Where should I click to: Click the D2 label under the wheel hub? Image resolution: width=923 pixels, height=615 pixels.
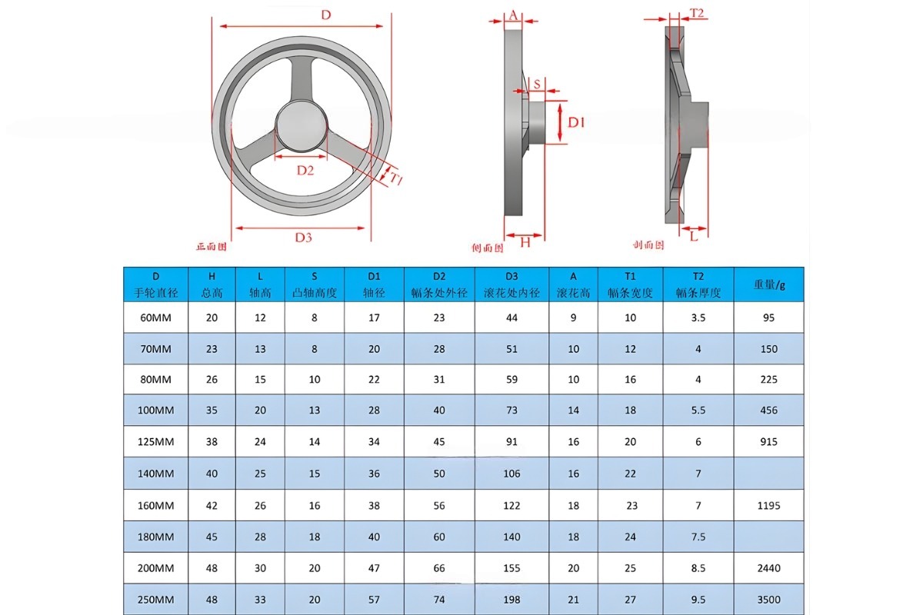305,170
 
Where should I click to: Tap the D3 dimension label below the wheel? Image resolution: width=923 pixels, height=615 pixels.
304,238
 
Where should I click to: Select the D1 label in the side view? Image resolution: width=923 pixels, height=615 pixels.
577,121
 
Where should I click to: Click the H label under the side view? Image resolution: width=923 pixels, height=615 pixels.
525,242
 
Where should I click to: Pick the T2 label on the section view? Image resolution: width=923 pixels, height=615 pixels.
697,13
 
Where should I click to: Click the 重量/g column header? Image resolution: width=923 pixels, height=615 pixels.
769,284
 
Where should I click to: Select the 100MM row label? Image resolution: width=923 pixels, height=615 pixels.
155,411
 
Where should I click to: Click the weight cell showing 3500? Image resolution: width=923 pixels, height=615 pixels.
769,600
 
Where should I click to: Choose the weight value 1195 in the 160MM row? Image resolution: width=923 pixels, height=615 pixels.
769,506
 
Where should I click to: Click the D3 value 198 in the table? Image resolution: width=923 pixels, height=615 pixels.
511,600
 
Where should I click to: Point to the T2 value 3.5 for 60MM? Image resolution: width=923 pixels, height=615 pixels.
698,317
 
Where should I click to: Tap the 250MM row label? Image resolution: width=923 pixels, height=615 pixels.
155,600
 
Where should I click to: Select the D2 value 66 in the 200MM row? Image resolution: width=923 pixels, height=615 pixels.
439,568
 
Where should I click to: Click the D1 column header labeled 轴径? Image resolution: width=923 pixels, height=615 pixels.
374,284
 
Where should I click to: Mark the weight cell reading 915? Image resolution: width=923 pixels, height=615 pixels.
769,442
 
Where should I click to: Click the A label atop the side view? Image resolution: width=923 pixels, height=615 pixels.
513,15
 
